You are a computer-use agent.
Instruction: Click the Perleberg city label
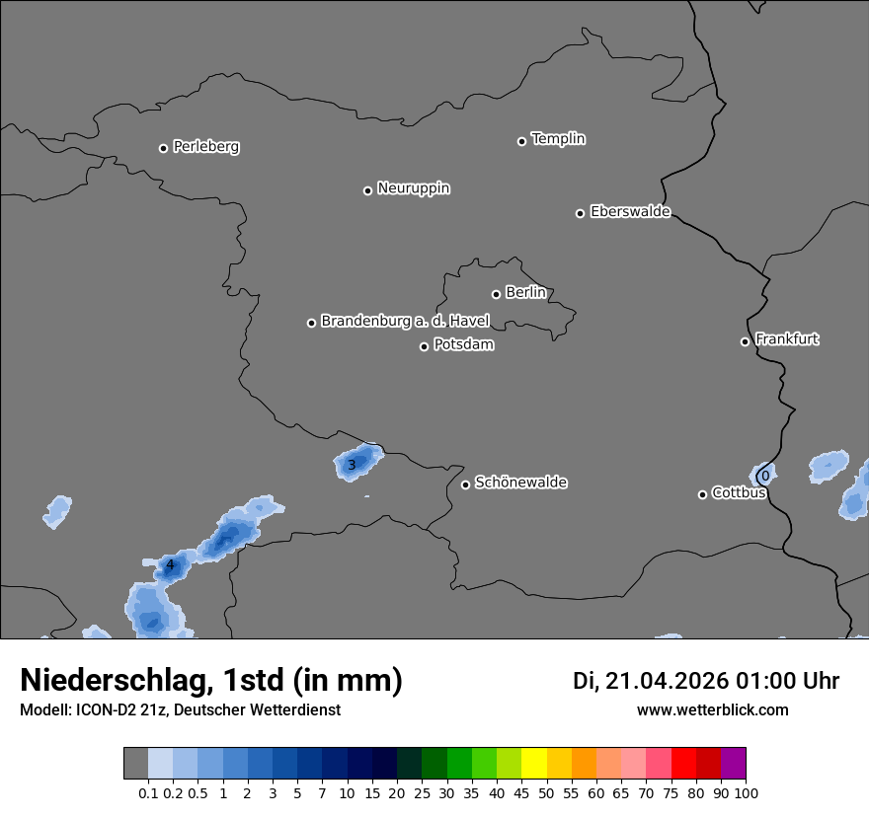pyautogui.click(x=205, y=147)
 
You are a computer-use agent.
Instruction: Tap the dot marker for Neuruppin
pyautogui.click(x=367, y=190)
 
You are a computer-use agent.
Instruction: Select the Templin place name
pyautogui.click(x=558, y=139)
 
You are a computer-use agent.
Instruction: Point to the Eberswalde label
pyautogui.click(x=630, y=212)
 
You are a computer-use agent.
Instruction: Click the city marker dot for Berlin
pyautogui.click(x=496, y=294)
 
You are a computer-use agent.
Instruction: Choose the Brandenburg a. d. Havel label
pyautogui.click(x=405, y=322)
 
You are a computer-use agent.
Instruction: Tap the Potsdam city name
pyautogui.click(x=463, y=345)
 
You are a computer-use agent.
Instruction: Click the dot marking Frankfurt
pyautogui.click(x=745, y=341)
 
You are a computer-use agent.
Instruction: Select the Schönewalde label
pyautogui.click(x=520, y=483)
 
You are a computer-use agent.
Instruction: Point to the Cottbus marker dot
pyautogui.click(x=702, y=494)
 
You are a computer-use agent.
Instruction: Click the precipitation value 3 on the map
pyautogui.click(x=352, y=465)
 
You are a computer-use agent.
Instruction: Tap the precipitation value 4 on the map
pyautogui.click(x=170, y=565)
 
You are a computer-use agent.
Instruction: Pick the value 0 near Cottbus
pyautogui.click(x=764, y=476)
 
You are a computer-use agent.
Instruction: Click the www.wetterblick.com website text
pyautogui.click(x=712, y=710)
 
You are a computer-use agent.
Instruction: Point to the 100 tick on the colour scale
pyautogui.click(x=746, y=792)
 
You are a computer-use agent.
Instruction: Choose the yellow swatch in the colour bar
pyautogui.click(x=533, y=764)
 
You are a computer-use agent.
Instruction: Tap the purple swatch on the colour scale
pyautogui.click(x=733, y=764)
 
